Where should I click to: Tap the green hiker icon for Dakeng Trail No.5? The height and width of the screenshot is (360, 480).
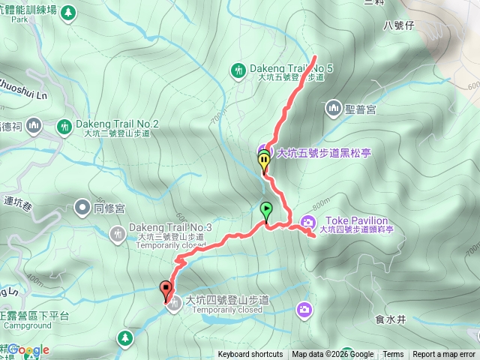[238, 70]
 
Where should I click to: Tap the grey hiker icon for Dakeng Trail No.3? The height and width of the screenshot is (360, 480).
[117, 233]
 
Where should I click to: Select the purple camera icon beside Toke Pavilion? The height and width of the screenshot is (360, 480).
[307, 220]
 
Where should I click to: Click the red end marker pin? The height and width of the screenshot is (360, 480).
[165, 288]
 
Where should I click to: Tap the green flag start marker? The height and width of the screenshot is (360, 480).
[265, 210]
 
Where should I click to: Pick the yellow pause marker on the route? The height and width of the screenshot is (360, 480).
[263, 160]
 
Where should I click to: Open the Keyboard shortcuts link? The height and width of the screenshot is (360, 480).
[250, 355]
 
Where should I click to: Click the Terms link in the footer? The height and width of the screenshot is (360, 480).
[393, 355]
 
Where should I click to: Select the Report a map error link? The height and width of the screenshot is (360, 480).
[444, 355]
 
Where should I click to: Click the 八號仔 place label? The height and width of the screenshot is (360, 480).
[398, 25]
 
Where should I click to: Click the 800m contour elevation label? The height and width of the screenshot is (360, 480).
[319, 203]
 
